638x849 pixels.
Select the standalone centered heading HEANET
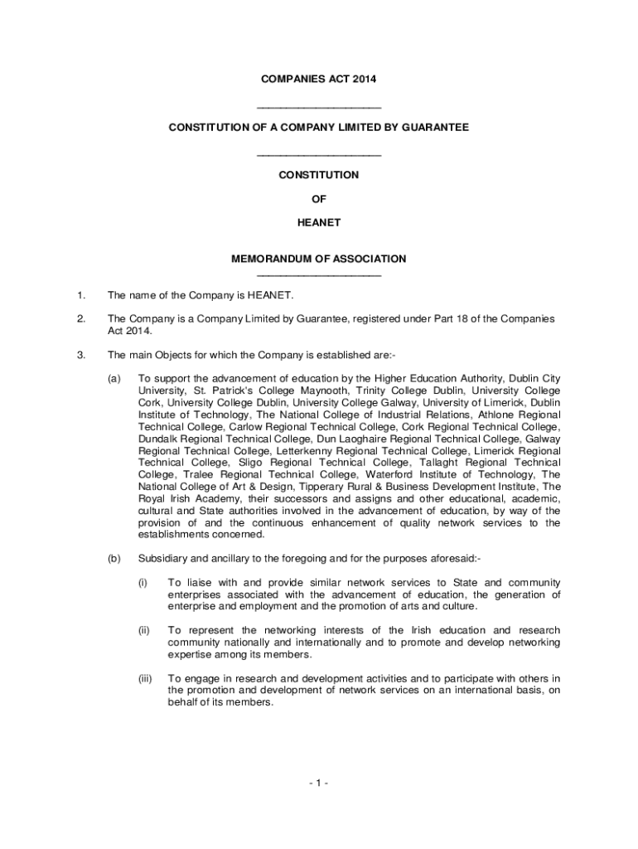coord(319,223)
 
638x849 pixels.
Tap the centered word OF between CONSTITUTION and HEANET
coord(319,199)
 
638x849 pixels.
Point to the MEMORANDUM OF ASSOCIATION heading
coord(319,259)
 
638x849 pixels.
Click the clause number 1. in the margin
coord(80,295)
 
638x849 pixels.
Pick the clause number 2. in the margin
coord(80,319)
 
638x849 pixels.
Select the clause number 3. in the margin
coord(80,356)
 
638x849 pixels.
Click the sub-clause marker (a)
coord(114,379)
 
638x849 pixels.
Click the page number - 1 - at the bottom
coord(319,782)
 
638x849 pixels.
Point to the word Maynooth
coord(284,391)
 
